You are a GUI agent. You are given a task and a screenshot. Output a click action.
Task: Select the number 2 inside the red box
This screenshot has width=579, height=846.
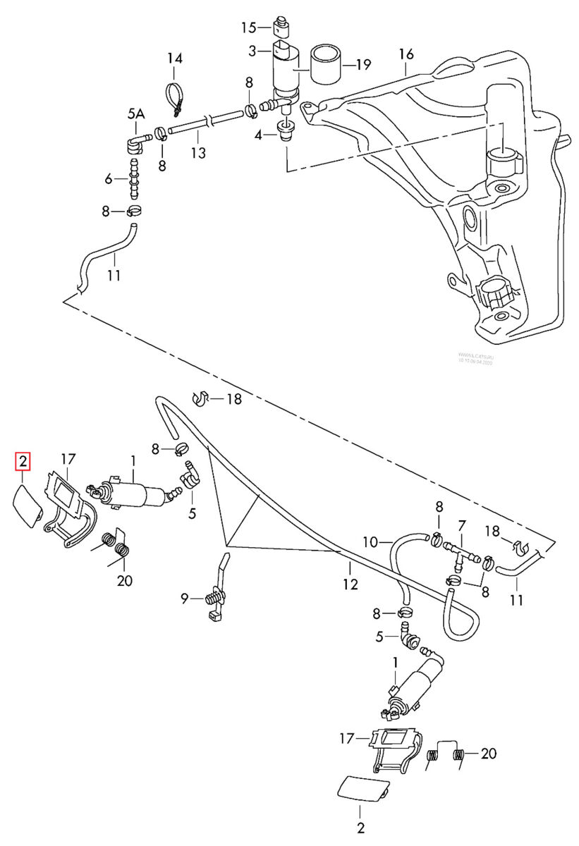coord(23,462)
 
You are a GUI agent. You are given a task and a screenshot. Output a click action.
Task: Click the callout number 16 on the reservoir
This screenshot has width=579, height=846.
coord(406,54)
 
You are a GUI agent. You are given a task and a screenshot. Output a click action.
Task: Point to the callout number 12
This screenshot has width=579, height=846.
coord(351,584)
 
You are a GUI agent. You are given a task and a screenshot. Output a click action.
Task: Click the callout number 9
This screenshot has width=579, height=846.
coord(185,599)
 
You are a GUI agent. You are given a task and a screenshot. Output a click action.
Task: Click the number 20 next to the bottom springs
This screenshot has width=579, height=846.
coord(488,754)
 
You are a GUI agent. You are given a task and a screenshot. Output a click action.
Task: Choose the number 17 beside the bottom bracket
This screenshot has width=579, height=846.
coord(346,739)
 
